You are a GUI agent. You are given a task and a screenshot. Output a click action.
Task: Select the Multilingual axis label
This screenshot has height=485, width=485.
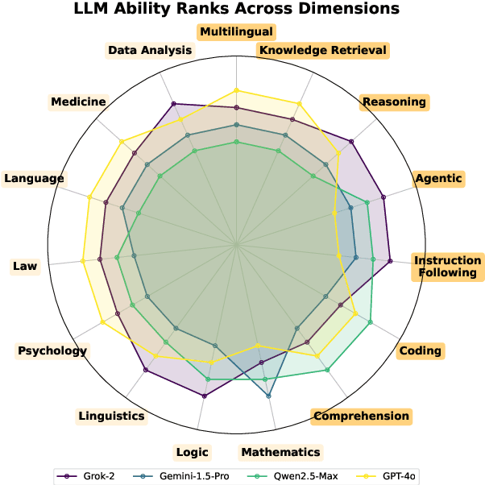[237, 32]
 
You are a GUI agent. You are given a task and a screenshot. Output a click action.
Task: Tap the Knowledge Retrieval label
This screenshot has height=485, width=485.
[322, 51]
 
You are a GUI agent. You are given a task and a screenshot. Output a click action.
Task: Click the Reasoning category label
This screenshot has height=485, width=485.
[394, 102]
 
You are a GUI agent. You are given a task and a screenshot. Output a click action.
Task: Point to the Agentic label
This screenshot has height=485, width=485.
[438, 178]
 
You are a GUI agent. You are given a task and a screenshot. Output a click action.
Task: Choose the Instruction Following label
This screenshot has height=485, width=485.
[446, 267]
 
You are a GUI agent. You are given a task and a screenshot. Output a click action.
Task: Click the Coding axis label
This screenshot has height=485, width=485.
[420, 350]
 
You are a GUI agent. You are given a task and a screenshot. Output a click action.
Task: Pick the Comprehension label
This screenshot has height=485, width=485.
[361, 417]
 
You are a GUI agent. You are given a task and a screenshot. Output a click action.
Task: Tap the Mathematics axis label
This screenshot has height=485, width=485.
[280, 452]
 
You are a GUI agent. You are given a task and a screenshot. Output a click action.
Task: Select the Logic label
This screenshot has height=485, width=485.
[192, 452]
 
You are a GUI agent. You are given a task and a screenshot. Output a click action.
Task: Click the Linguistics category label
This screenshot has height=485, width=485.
[112, 417]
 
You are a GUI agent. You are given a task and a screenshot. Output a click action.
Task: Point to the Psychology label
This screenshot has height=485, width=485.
[52, 350]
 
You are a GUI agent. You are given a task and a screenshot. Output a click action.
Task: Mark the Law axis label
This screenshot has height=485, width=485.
[25, 266]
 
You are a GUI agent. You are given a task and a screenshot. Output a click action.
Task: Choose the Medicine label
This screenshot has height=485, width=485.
[78, 102]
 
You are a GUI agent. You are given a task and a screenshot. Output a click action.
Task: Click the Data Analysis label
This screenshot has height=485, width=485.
[151, 51]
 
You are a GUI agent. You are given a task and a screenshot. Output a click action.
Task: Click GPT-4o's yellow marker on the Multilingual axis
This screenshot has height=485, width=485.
[236, 90]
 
